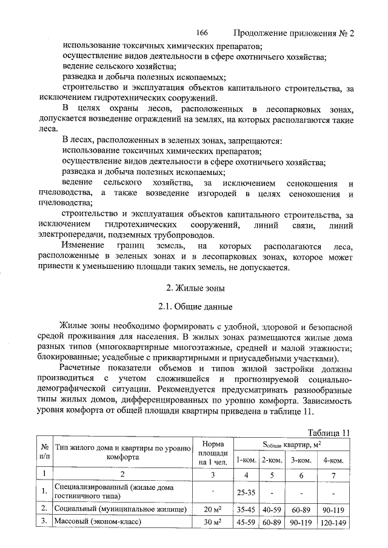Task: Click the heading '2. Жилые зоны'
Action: point(195,288)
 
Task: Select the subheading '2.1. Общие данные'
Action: point(195,308)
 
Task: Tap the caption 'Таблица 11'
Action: point(329,432)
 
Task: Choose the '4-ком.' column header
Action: point(334,460)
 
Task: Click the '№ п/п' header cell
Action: point(44,452)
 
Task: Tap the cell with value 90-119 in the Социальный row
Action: point(334,510)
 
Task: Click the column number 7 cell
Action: point(334,474)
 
